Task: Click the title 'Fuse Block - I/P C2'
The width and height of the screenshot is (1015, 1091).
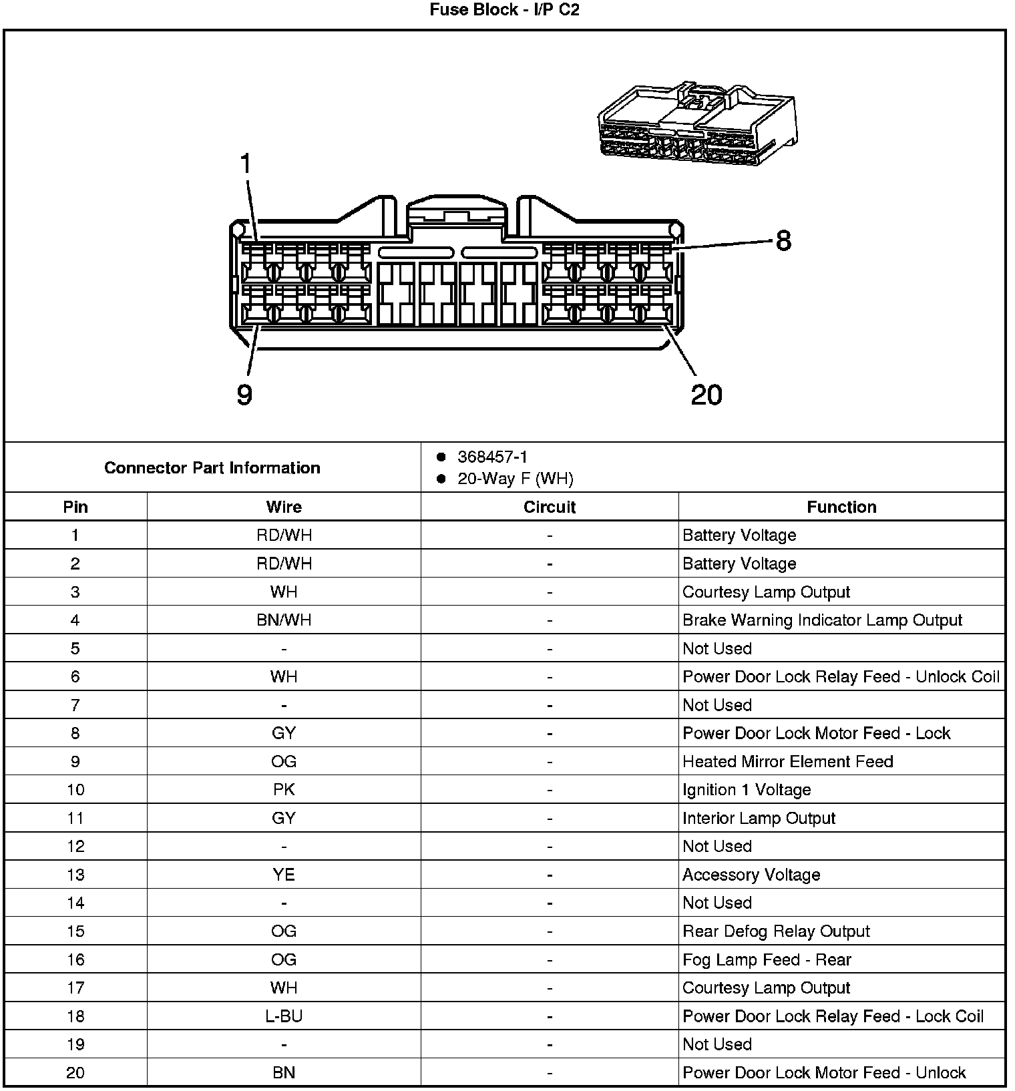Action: [x=504, y=10]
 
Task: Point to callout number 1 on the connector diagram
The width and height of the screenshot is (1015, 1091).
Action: [x=246, y=164]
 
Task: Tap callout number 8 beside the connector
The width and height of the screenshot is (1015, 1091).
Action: [x=783, y=240]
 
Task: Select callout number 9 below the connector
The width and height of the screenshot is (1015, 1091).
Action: [x=244, y=395]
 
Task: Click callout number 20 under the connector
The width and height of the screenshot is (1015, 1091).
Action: [x=706, y=395]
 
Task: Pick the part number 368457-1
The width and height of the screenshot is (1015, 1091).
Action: [x=492, y=457]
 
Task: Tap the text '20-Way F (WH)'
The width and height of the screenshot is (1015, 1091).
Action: [x=515, y=479]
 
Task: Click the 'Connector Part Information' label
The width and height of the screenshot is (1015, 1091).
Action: [x=212, y=468]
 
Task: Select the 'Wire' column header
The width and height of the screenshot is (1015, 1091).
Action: [x=284, y=507]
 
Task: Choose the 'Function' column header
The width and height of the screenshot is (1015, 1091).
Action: [x=841, y=507]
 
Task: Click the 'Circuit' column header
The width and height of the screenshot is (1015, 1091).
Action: [x=550, y=507]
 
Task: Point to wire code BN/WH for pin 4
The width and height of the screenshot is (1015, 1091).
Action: [x=284, y=620]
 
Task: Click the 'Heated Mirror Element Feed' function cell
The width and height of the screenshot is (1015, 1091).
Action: [x=787, y=762]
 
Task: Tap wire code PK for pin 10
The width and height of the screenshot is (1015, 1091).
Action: [x=284, y=790]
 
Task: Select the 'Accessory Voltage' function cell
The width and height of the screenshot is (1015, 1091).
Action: [x=751, y=875]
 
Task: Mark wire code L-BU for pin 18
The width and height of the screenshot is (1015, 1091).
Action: [x=284, y=1016]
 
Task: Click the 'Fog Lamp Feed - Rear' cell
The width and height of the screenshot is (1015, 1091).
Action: [x=767, y=960]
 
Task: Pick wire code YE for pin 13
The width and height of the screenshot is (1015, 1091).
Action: [x=284, y=875]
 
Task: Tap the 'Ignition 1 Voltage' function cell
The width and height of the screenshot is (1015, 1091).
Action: [x=747, y=790]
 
